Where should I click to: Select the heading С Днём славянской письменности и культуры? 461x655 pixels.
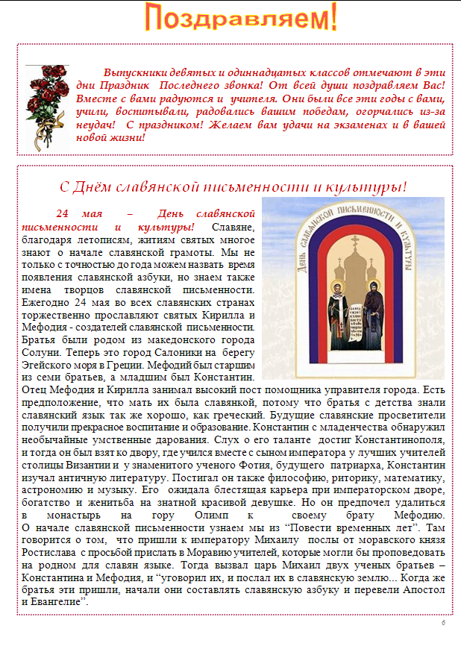click(233, 187)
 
